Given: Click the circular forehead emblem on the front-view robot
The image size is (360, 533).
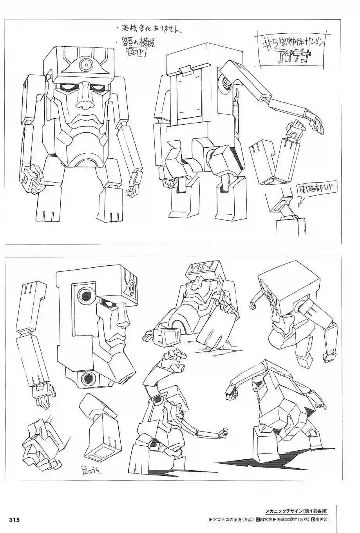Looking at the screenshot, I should tap(84, 63).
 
